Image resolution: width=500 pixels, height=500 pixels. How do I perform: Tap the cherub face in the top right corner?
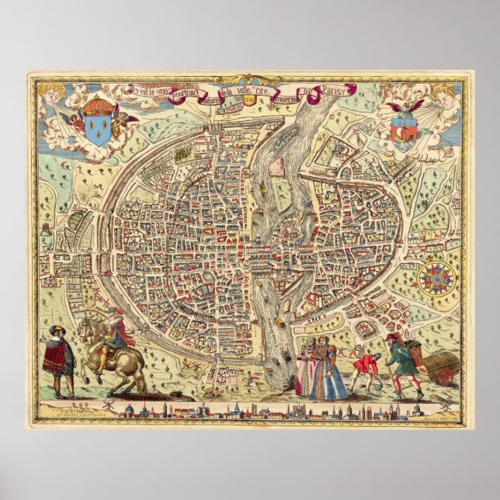coord(443,94)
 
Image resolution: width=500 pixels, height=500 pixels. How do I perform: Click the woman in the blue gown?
coord(326,370)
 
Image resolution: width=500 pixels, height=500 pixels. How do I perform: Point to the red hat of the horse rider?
coord(114,310)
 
